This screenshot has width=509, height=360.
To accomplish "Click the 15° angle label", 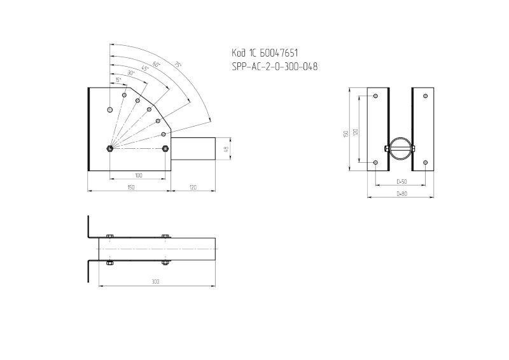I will [x=118, y=80].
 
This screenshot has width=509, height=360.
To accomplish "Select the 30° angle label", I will [x=131, y=73].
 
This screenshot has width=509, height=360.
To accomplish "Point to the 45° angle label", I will [x=145, y=68].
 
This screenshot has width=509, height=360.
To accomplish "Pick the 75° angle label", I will [x=178, y=64].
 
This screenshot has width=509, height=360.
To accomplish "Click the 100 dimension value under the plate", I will [x=138, y=175].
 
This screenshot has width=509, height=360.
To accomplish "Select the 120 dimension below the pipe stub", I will [x=192, y=187].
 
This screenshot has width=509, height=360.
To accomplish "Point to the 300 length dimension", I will [x=156, y=280].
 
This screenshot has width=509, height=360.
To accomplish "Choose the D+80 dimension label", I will [x=401, y=193].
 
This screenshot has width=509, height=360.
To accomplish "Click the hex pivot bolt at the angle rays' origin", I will [x=111, y=149].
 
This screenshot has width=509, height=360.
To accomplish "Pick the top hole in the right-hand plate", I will [x=424, y=96].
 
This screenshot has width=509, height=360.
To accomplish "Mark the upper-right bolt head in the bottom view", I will [x=165, y=237].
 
